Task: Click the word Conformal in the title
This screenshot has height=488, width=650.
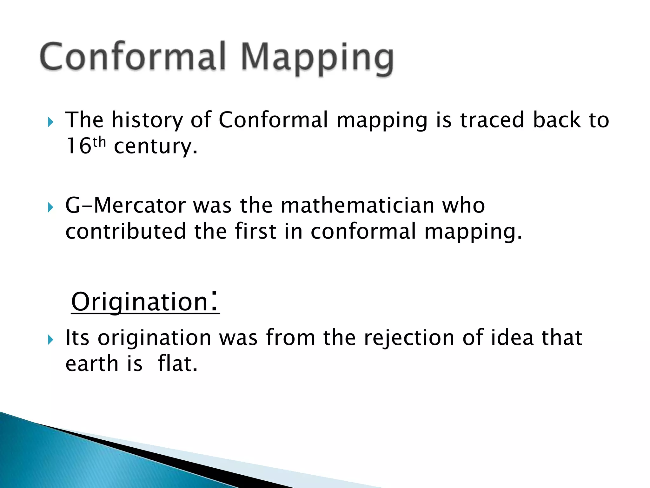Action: point(132,57)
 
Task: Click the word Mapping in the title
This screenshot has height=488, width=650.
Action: point(317,58)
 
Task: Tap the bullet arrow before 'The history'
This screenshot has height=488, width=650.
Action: point(50,122)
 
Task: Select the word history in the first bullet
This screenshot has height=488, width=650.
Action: point(147,121)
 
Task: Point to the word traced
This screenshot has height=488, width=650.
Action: point(492,120)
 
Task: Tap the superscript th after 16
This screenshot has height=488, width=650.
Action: point(99,142)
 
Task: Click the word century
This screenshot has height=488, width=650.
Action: point(156,147)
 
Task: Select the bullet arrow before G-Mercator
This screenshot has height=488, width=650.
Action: point(50,208)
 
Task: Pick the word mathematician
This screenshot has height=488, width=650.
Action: point(357,206)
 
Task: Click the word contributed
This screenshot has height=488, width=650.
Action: point(126,231)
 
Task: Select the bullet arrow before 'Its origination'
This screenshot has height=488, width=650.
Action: point(50,340)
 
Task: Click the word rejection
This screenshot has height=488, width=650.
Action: point(409,338)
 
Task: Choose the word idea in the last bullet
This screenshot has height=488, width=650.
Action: point(512,337)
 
